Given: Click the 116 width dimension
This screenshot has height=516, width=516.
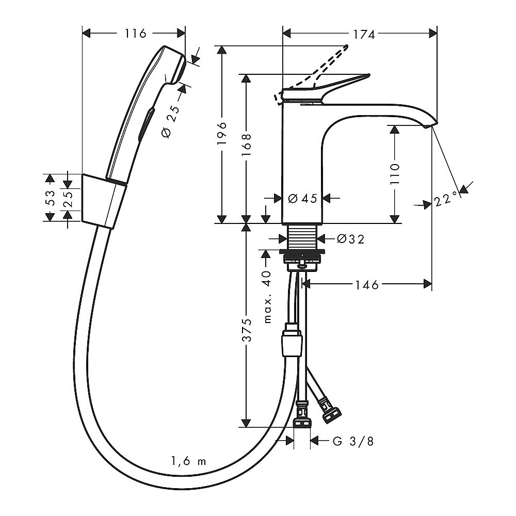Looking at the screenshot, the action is click(135, 33).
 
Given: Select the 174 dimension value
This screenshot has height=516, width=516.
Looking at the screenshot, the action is click(364, 34).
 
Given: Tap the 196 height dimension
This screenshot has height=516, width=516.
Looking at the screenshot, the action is click(222, 133).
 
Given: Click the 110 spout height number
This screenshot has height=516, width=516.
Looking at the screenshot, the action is click(395, 174).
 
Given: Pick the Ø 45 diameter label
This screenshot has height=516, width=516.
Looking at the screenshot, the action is click(302, 199).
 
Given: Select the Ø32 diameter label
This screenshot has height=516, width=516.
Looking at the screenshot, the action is click(351, 239).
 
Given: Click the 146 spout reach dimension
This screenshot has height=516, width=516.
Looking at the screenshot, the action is click(367, 285).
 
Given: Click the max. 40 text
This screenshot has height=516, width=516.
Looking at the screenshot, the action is click(267, 297).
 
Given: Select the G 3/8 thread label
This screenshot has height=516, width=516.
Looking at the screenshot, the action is click(353, 441).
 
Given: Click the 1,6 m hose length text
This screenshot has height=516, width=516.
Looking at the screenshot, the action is click(188, 461).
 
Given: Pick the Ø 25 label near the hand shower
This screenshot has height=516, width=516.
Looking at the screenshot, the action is click(171, 122).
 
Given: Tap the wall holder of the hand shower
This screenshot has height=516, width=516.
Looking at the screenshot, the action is click(104, 201).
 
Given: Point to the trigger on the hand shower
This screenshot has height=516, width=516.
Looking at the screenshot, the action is click(147, 124).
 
